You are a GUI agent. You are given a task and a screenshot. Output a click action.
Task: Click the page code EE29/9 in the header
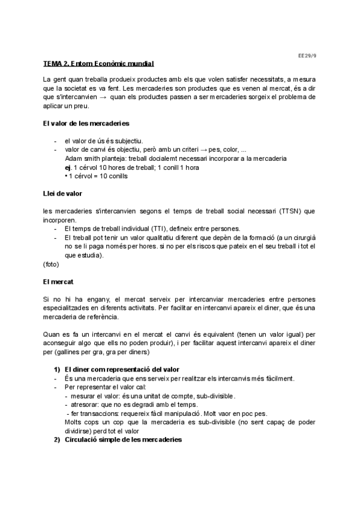click(307, 54)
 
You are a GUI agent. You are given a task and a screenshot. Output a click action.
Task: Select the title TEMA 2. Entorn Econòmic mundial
click(98, 64)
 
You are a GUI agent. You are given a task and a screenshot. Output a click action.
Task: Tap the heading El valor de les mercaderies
click(86, 124)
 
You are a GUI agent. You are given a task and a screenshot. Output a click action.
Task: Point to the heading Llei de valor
click(62, 194)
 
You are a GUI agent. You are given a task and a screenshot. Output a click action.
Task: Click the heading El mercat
click(58, 281)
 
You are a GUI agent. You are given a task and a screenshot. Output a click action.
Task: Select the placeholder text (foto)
click(51, 264)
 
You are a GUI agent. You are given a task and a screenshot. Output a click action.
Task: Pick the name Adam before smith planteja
click(73, 158)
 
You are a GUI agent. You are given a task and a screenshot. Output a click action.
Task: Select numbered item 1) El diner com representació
click(122, 369)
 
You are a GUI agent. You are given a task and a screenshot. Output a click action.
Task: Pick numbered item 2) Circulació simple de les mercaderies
click(122, 439)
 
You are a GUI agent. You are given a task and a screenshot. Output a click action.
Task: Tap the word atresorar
click(83, 405)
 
